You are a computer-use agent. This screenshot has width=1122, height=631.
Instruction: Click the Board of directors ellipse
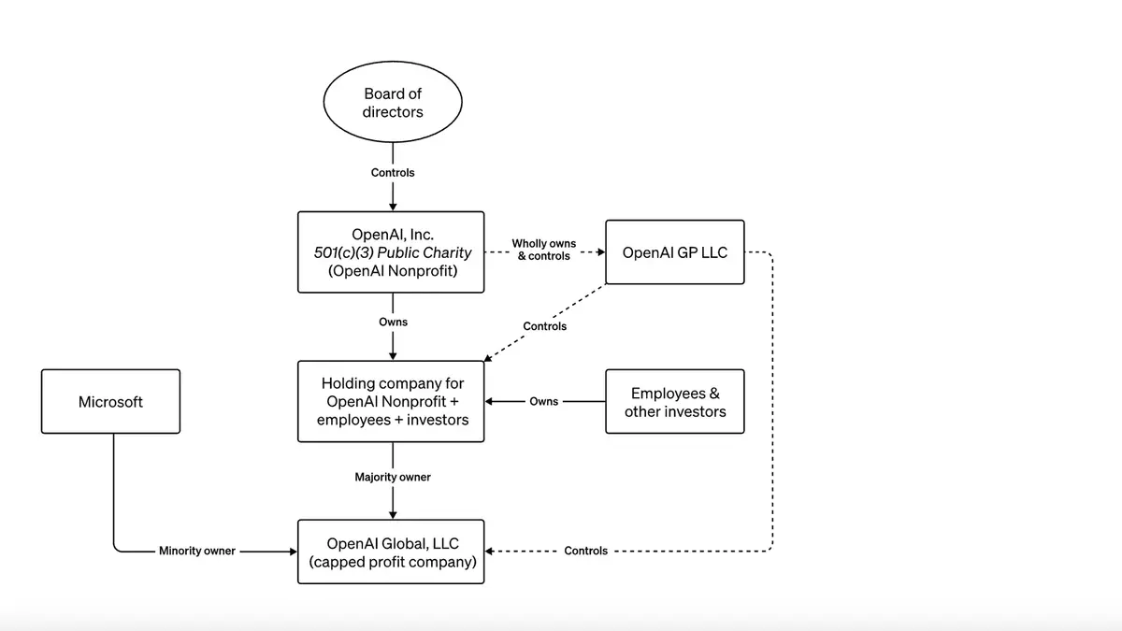(393, 103)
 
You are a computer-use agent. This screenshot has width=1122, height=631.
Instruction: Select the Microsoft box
(110, 401)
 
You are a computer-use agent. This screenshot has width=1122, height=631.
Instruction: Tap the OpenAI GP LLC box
(674, 252)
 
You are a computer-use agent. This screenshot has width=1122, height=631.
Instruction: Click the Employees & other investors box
(674, 401)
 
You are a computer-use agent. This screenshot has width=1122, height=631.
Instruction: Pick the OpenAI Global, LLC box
(391, 552)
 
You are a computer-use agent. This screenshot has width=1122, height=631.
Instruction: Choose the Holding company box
(391, 401)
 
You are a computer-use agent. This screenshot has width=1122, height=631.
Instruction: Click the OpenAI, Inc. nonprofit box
(391, 251)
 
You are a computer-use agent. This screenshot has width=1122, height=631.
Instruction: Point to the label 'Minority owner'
(197, 551)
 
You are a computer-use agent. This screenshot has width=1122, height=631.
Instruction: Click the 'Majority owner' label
(393, 477)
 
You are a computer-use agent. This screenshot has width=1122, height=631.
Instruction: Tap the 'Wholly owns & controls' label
(544, 250)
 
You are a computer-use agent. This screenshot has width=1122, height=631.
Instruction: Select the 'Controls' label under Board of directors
(393, 173)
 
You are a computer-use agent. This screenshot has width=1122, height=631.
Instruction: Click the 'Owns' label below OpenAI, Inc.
(393, 322)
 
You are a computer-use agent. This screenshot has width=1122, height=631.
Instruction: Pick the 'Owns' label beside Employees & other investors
(544, 402)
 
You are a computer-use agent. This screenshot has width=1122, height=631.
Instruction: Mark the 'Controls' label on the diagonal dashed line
(544, 326)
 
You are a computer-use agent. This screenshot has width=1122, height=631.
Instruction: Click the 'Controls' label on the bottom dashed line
(585, 551)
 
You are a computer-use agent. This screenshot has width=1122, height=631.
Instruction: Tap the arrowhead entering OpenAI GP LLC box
(600, 251)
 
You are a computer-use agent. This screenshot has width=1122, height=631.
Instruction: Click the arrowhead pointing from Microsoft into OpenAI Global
(292, 551)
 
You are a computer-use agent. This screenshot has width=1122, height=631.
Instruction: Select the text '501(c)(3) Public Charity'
(392, 252)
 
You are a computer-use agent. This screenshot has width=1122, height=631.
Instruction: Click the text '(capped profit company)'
(392, 562)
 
